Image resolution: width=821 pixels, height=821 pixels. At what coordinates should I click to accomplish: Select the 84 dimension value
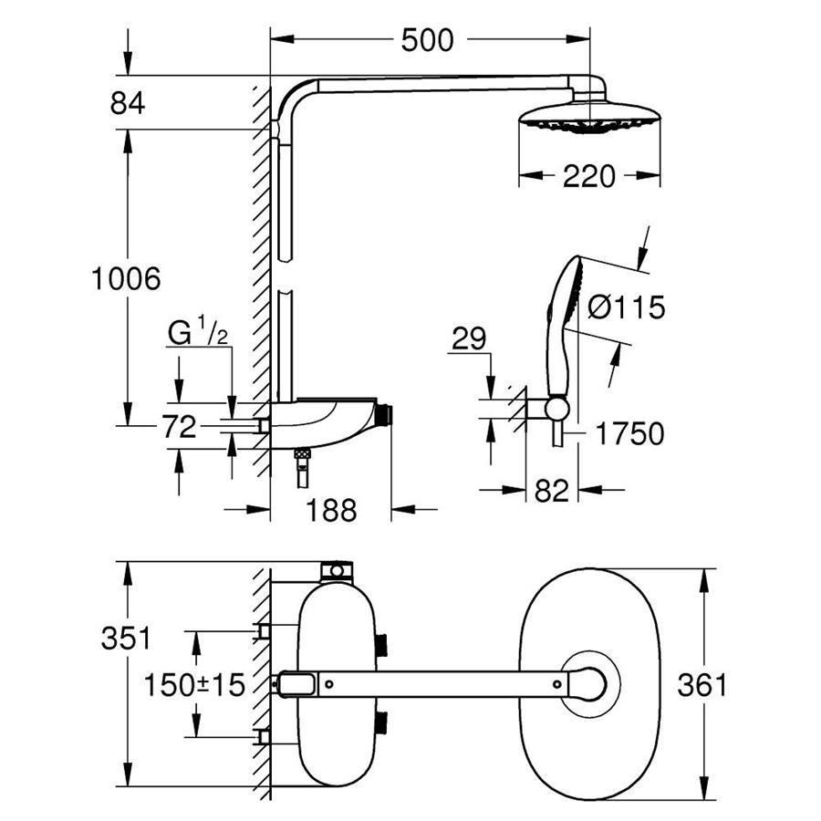(x=128, y=103)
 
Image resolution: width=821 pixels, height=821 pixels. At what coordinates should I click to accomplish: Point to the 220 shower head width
(x=588, y=176)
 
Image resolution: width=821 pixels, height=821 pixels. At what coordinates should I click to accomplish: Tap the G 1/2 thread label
(x=197, y=333)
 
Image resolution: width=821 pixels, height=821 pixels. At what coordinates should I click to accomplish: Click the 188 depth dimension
(x=330, y=511)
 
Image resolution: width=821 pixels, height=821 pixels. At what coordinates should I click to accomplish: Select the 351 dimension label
(x=126, y=638)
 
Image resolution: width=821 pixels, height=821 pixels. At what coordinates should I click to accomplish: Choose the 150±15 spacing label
(x=195, y=684)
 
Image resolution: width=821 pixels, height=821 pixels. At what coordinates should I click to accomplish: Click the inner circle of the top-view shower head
(x=589, y=683)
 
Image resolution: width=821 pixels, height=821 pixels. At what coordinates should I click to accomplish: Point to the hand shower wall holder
(x=556, y=407)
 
